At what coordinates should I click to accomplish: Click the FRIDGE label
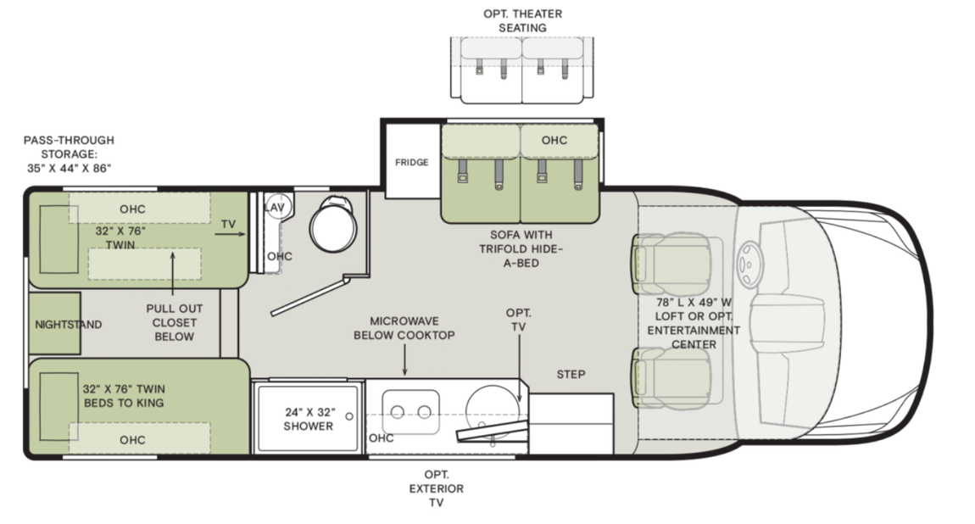pos(411,162)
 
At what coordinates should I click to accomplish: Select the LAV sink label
pos(274,207)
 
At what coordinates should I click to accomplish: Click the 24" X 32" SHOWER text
pos(309,419)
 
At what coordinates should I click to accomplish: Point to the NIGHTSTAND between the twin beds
pos(69,324)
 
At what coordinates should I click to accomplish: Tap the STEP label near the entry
pos(571,374)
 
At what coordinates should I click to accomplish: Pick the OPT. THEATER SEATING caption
pos(523,20)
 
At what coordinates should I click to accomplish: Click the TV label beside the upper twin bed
pos(228,224)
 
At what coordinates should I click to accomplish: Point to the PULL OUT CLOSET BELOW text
pos(174,323)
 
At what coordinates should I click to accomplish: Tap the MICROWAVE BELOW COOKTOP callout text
pos(412,328)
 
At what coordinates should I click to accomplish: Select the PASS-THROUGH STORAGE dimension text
pos(68,153)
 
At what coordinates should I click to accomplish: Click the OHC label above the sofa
pos(554,140)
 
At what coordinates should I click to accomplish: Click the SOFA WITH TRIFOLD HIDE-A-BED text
pos(522,248)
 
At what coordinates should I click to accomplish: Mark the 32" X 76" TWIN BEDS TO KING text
pos(124,395)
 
